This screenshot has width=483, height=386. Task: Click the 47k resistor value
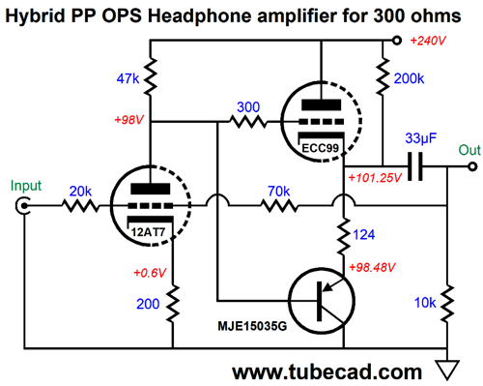[128, 77]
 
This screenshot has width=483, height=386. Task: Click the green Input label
[26, 184]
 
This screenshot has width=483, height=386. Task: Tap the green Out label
[469, 150]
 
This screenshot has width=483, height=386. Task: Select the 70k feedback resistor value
[278, 190]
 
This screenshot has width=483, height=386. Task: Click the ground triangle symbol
[446, 369]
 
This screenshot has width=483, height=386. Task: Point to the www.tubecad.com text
[326, 371]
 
